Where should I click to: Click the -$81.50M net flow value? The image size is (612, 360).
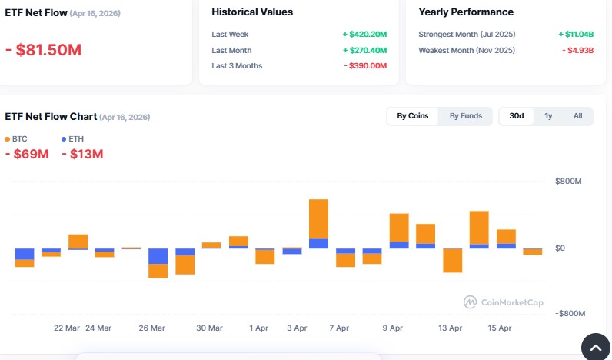click(43, 50)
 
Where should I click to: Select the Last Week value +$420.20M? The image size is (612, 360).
click(364, 35)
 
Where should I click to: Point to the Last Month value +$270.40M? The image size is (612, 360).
click(364, 50)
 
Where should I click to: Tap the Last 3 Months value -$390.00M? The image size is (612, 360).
click(365, 65)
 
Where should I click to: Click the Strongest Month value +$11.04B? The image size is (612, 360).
click(576, 35)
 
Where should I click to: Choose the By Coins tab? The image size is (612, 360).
click(413, 116)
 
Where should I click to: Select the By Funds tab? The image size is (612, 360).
click(466, 116)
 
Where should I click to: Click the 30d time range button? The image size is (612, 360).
click(517, 116)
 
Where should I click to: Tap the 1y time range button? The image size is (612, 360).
click(548, 116)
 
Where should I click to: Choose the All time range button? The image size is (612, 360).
click(577, 116)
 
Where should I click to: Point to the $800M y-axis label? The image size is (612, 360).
click(569, 182)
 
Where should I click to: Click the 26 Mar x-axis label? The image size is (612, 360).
click(151, 328)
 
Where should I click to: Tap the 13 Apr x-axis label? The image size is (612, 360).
click(450, 328)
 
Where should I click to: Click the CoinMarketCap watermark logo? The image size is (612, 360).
click(504, 302)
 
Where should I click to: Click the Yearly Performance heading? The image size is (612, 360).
click(466, 12)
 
